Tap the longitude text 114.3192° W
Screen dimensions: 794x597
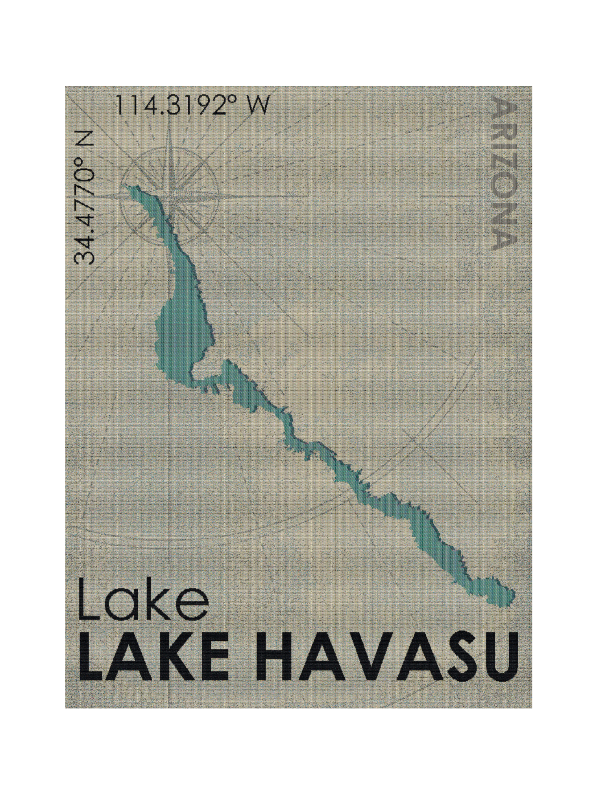pos(193,105)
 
